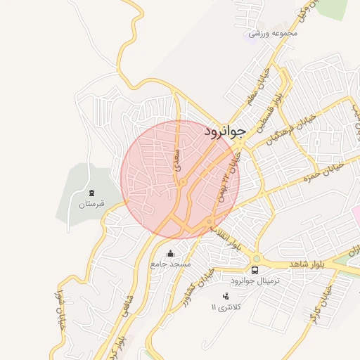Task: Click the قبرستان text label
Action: pyautogui.click(x=91, y=204)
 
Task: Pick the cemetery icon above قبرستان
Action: pyautogui.click(x=91, y=193)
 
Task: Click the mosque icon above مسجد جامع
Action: pyautogui.click(x=169, y=254)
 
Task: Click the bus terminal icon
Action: pyautogui.click(x=255, y=270)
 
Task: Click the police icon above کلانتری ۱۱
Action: pyautogui.click(x=225, y=297)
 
